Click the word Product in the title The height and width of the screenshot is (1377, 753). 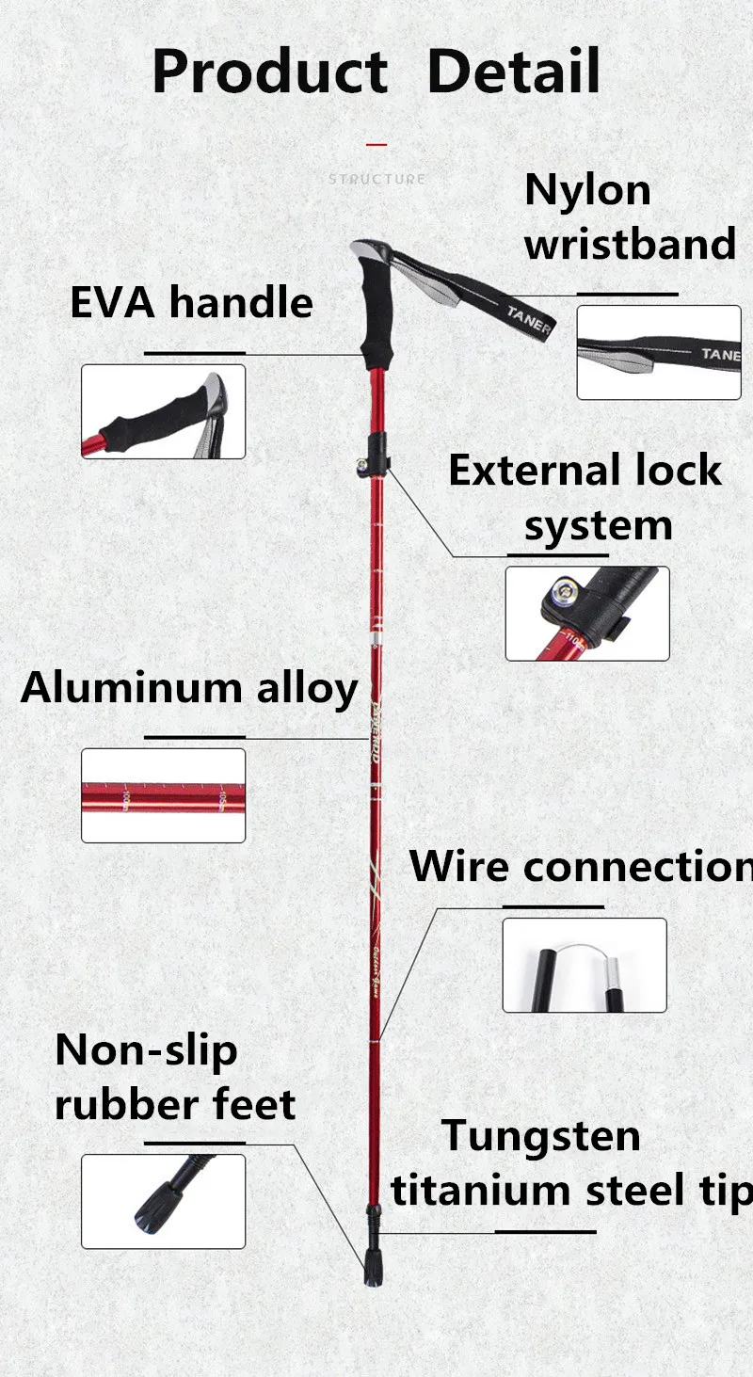click(x=269, y=72)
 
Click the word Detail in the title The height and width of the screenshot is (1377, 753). click(x=513, y=72)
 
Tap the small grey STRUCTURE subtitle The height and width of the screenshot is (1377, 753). click(x=376, y=179)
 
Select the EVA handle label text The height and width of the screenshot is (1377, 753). click(x=191, y=303)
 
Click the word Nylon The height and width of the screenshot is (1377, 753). click(x=587, y=190)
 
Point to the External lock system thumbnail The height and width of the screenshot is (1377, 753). click(x=587, y=613)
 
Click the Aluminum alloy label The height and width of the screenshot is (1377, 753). click(x=189, y=688)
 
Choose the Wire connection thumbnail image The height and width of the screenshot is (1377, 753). click(x=584, y=965)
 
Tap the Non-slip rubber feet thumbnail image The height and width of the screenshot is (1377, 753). click(x=163, y=1201)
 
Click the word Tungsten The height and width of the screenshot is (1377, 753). click(x=541, y=1136)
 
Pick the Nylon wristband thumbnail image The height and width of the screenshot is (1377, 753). click(x=659, y=352)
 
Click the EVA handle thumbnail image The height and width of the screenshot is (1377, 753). click(x=163, y=411)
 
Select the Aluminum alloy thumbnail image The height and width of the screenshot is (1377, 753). click(x=163, y=795)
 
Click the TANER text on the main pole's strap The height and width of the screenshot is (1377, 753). click(x=528, y=319)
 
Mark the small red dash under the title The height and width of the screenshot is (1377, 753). click(x=376, y=144)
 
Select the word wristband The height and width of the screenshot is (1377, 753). click(x=630, y=244)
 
